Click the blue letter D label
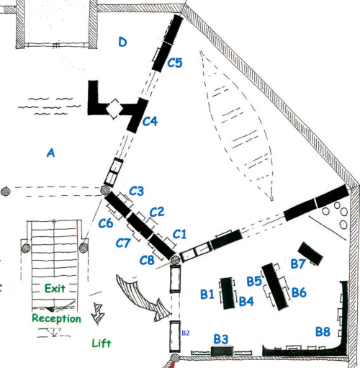[122, 42]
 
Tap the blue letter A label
[50, 153]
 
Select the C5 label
[175, 63]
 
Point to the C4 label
[150, 121]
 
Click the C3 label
[137, 191]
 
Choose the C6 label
[106, 223]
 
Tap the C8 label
[147, 260]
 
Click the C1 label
[179, 234]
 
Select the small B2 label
[186, 333]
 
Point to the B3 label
[221, 339]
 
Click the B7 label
[298, 264]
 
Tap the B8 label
[323, 332]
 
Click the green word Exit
[55, 288]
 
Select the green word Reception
[57, 318]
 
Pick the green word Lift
[102, 344]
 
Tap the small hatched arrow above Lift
[97, 313]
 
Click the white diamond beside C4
[114, 109]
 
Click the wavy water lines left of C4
[50, 106]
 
